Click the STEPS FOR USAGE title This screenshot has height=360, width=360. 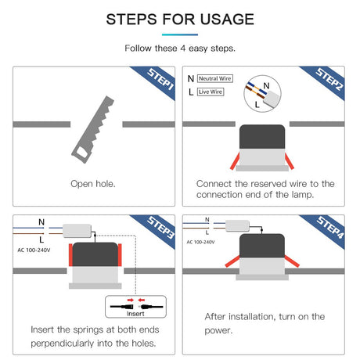180,20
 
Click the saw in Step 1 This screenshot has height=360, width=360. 93,130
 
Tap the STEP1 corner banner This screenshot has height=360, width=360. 157,80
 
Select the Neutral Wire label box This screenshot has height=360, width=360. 215,78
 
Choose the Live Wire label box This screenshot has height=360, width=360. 211,92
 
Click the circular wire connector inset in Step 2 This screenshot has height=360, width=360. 262,94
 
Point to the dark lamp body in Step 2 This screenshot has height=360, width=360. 262,137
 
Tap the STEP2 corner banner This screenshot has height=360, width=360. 326,80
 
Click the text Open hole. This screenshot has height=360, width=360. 93,184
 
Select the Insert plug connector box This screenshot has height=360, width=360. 135,307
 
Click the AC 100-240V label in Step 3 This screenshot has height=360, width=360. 34,250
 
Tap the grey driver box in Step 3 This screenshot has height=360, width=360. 77,231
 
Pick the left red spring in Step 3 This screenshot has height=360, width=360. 70,255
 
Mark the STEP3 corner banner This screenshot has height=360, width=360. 157,229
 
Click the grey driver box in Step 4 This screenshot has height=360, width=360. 237,225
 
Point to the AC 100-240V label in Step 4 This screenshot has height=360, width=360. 200,242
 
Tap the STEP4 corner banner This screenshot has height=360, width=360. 326,229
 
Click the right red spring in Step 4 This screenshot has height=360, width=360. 292,261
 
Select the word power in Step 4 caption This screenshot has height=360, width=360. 218,331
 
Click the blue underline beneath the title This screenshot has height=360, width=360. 180,34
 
